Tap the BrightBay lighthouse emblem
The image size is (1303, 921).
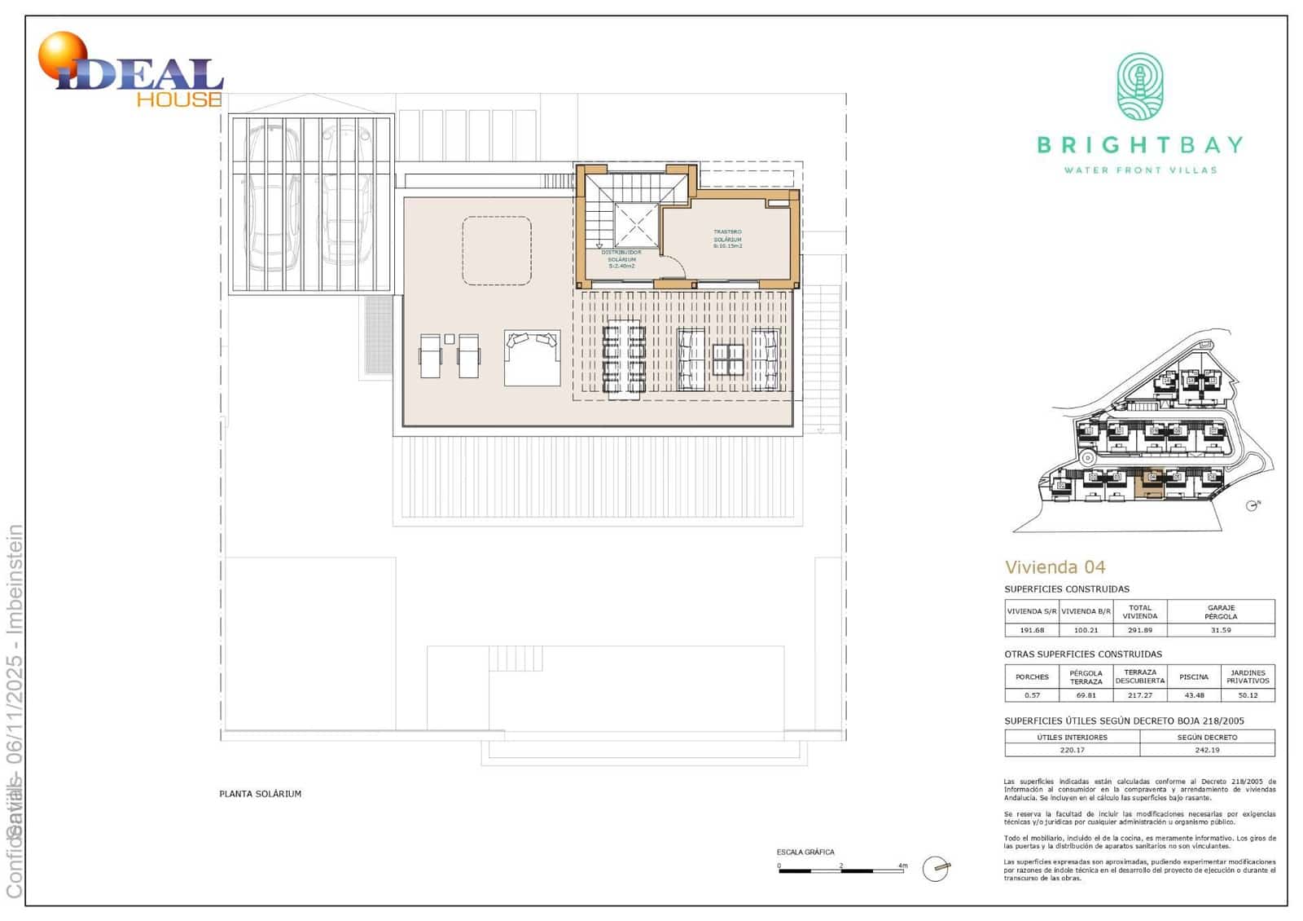click(1139, 87)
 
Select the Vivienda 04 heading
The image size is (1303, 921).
click(1055, 567)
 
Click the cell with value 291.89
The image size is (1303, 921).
click(1139, 630)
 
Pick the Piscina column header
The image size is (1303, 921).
click(1193, 676)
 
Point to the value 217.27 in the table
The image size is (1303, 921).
click(1139, 695)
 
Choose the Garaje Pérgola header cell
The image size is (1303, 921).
click(1220, 611)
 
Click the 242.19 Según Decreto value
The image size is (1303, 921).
click(1207, 750)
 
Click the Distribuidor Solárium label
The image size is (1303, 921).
click(621, 258)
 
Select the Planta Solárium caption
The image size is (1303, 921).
click(260, 793)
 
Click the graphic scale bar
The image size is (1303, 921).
click(841, 870)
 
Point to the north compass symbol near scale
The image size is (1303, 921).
click(936, 869)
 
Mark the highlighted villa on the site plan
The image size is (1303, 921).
click(1150, 485)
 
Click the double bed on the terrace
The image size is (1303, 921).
click(532, 357)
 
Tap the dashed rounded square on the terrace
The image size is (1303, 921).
click(497, 250)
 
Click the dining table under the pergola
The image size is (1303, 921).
click(624, 359)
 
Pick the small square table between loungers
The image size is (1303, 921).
click(450, 338)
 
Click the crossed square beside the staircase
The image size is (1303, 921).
click(636, 226)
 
